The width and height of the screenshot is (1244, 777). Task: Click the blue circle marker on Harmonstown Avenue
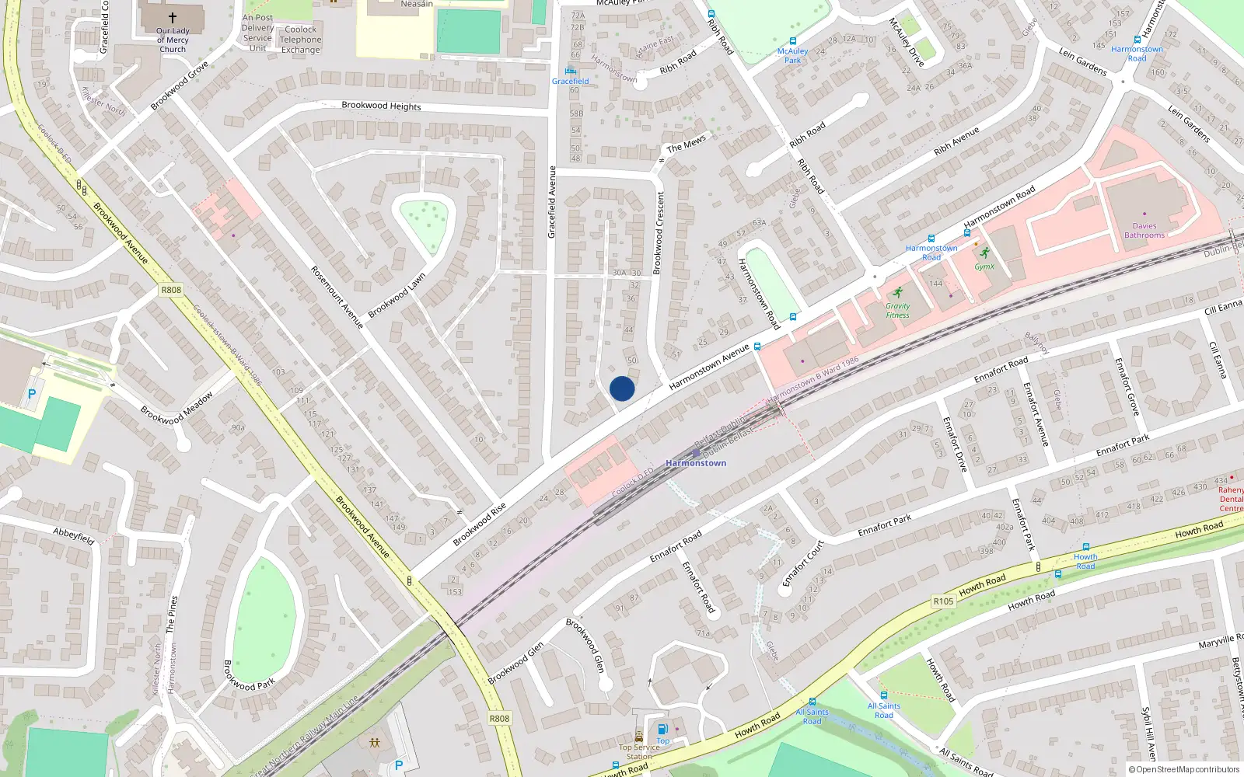click(622, 388)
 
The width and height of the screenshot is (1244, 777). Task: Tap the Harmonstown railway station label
click(696, 463)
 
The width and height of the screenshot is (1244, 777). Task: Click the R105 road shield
click(943, 601)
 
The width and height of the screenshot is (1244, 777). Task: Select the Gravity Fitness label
click(897, 311)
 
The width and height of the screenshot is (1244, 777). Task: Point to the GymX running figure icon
click(985, 253)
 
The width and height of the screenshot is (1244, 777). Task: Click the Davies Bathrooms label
click(1144, 231)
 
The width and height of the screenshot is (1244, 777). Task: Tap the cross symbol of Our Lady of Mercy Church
click(173, 17)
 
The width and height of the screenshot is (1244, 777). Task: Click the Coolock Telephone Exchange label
click(301, 40)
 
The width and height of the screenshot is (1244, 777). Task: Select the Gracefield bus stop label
click(571, 81)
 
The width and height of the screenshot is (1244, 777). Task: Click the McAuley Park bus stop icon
click(792, 41)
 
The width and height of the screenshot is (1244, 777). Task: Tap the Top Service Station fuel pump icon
click(662, 729)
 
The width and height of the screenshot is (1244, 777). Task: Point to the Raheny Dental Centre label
click(1231, 499)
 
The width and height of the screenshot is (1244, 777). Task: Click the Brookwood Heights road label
click(381, 106)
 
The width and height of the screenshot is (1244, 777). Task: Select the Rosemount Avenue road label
click(337, 297)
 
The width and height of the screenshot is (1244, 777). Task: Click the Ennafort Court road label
click(803, 563)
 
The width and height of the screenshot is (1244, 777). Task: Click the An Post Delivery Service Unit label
click(257, 33)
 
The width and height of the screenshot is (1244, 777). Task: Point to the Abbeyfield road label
click(74, 535)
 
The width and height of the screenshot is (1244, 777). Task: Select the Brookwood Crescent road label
click(659, 232)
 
